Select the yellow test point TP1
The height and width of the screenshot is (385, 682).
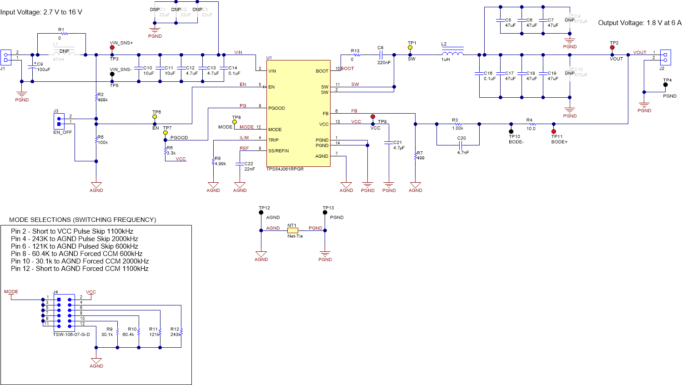(410, 47)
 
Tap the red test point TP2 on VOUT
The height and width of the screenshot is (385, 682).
(612, 47)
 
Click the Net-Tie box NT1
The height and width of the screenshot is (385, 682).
(292, 230)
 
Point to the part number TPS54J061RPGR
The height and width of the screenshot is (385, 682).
(285, 169)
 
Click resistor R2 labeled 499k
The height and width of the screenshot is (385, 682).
(96, 97)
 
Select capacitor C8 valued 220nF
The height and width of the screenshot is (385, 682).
(381, 55)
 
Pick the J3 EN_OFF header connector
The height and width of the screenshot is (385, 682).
(59, 121)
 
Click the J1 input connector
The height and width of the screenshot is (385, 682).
(6, 57)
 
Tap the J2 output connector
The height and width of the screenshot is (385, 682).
(665, 57)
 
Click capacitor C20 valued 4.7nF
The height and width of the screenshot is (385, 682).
(460, 145)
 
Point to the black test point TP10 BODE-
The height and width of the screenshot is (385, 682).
(511, 131)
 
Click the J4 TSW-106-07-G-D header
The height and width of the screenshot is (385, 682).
(64, 313)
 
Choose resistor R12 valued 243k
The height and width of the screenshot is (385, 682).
(181, 331)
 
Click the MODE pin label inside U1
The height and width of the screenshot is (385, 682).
(275, 130)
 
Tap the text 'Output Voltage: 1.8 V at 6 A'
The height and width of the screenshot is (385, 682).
(639, 23)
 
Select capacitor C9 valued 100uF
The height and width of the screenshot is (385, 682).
(32, 67)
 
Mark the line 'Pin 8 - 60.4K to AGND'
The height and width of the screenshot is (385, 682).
(76, 254)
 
